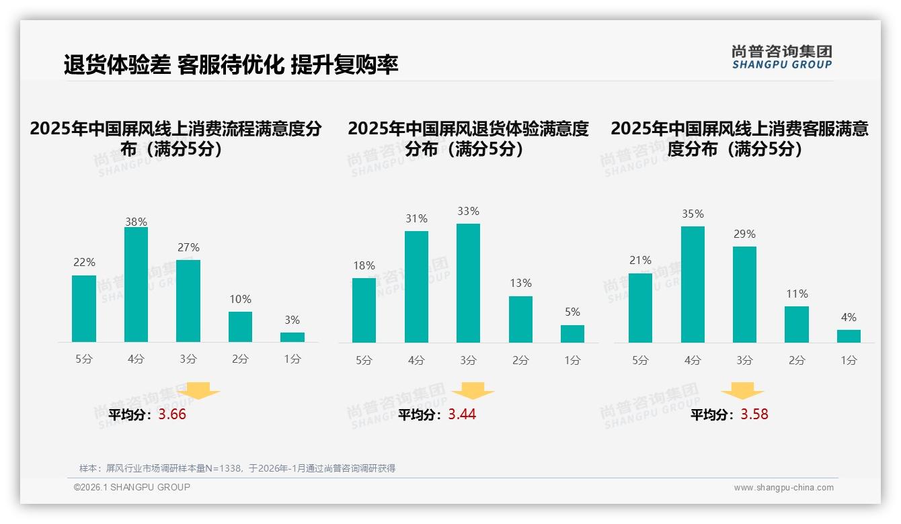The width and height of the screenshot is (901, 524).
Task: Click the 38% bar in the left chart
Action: coord(136,285)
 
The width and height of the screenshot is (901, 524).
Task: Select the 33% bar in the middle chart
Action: coord(468,283)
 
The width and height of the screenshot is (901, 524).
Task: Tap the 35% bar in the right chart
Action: coord(693,284)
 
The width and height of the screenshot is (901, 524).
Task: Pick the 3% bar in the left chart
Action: coord(292,337)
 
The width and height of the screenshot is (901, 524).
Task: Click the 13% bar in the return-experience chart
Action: coord(520,319)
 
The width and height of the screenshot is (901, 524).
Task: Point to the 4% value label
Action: coord(849,317)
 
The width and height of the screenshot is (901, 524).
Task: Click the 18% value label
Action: coord(364,265)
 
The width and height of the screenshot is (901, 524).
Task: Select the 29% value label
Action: coord(744,234)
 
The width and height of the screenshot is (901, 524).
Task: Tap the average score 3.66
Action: coord(172,414)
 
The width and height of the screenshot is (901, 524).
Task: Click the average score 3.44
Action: coord(462,414)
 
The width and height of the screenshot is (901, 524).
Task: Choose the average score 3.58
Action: coord(754,414)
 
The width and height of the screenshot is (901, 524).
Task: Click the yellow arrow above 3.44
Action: coord(473,390)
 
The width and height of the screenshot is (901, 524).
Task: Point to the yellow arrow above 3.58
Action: coord(742,390)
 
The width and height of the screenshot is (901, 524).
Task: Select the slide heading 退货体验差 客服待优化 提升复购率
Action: coord(231,64)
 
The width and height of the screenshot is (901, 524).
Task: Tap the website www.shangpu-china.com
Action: coord(783,488)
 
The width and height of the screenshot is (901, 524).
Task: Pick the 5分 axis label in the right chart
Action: coord(640,361)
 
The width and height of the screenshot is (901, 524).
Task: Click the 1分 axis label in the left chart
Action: coord(292,359)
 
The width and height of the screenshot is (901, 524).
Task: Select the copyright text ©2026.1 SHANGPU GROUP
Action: coord(132,487)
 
